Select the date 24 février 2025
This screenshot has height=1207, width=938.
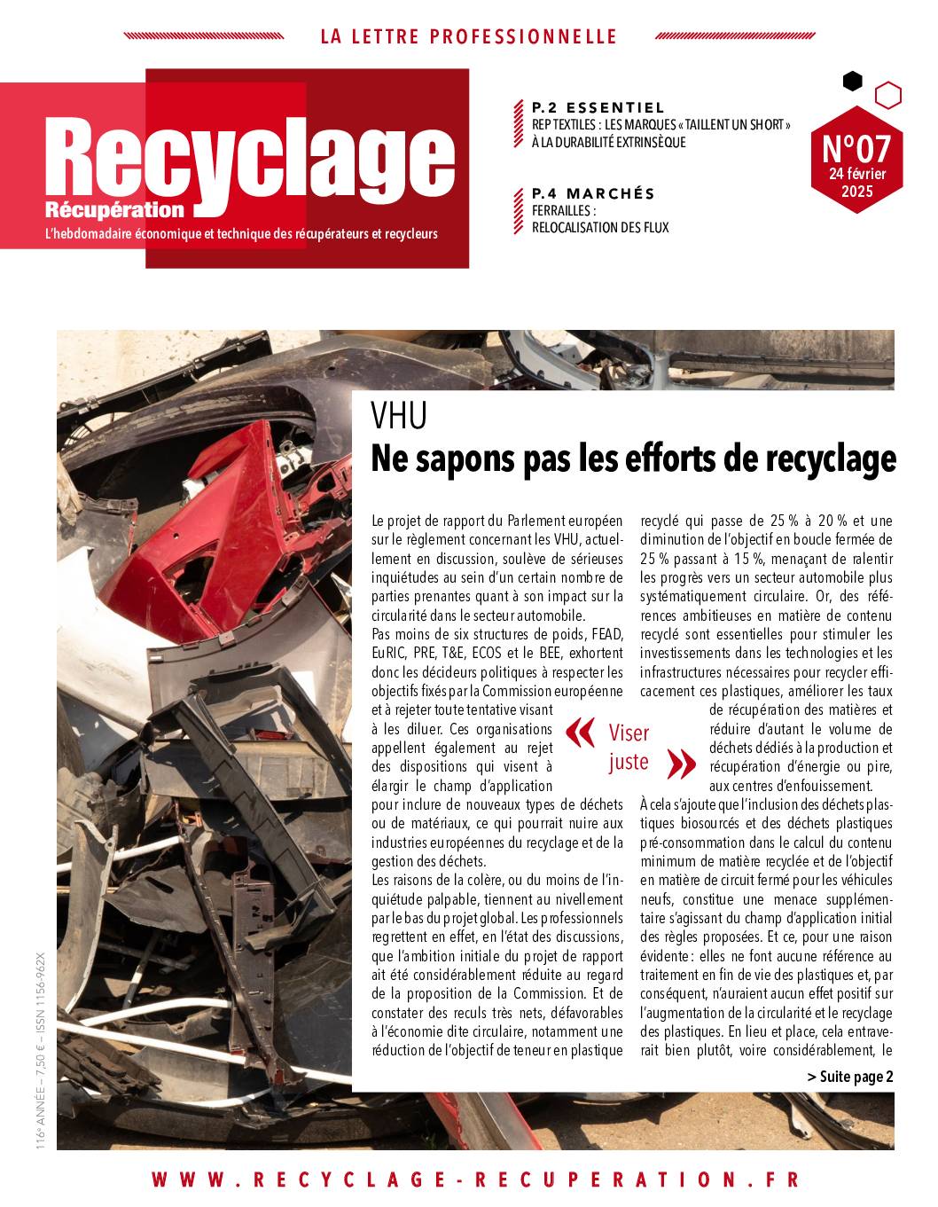(x=856, y=182)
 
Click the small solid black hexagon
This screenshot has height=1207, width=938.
(x=852, y=82)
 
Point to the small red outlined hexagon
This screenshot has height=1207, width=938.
(x=887, y=94)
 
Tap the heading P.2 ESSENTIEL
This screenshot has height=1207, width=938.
(x=598, y=108)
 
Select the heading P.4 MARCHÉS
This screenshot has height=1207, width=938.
(x=593, y=193)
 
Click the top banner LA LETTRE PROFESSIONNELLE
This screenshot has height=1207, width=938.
(x=468, y=37)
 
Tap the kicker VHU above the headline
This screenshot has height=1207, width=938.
(x=399, y=415)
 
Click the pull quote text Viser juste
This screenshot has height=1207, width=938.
(x=629, y=747)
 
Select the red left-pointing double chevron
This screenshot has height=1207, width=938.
(x=581, y=733)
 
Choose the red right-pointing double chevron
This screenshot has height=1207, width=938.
(x=680, y=762)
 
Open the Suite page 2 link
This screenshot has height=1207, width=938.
(x=850, y=1077)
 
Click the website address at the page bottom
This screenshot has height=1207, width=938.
(x=476, y=1180)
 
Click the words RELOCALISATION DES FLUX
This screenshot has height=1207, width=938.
(x=600, y=228)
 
